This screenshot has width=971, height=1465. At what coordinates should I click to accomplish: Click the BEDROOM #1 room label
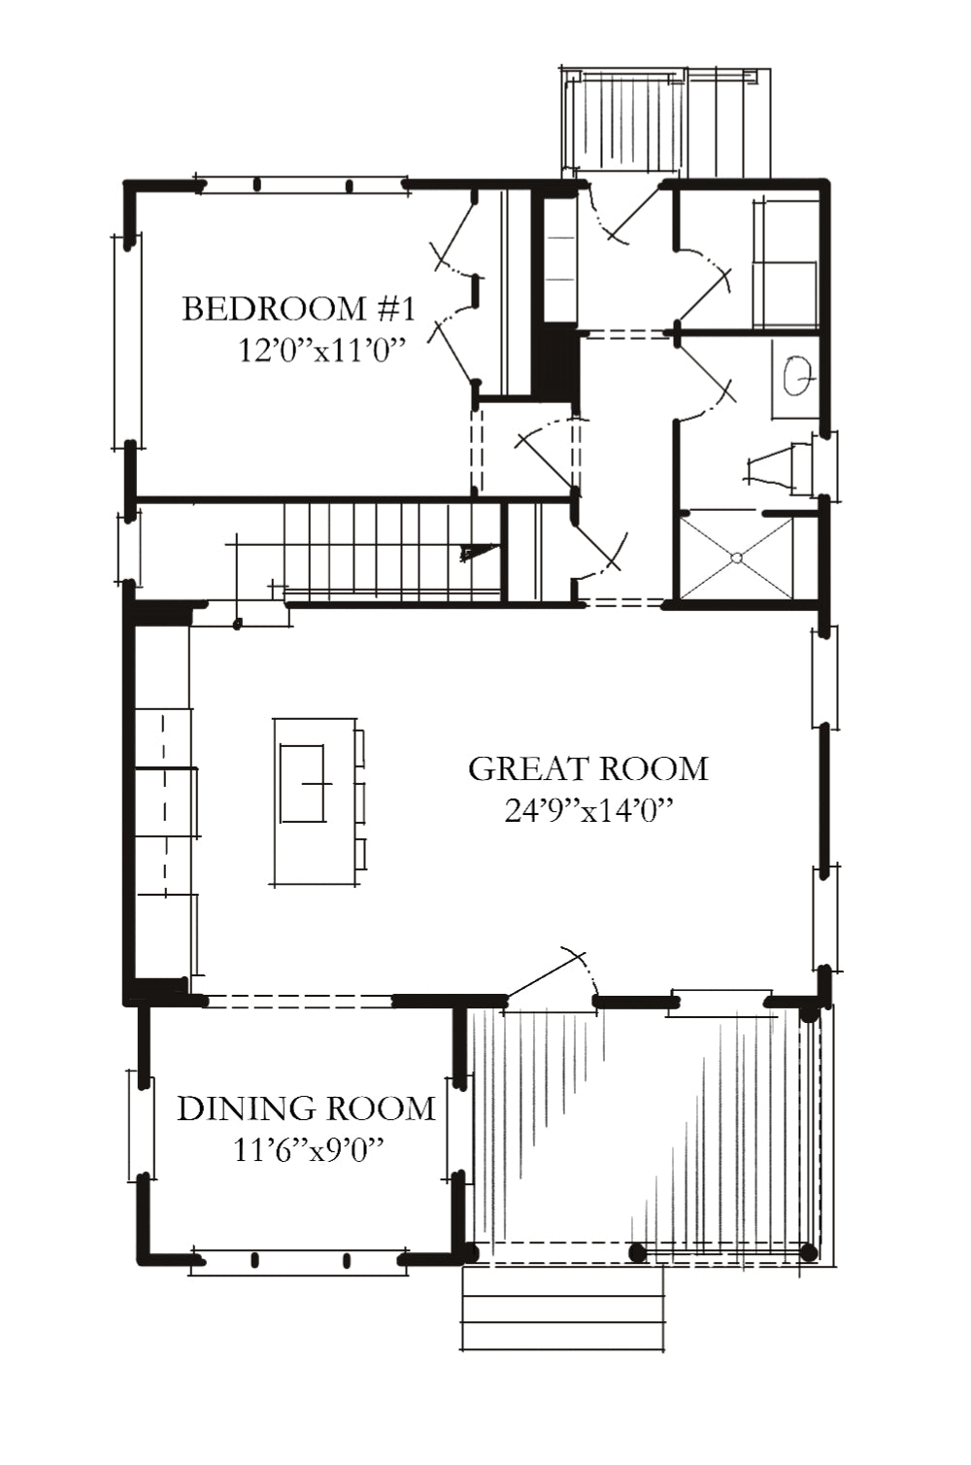click(x=298, y=309)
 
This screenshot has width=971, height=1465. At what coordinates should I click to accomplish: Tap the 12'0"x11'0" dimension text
click(x=318, y=352)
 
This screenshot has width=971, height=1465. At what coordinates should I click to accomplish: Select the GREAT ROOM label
click(x=587, y=769)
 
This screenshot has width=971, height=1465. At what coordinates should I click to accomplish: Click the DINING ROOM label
click(x=306, y=1108)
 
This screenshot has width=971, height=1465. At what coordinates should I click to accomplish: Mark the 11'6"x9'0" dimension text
click(x=307, y=1150)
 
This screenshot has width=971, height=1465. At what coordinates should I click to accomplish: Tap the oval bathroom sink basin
click(x=798, y=377)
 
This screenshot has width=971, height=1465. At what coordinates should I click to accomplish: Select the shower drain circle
click(x=736, y=558)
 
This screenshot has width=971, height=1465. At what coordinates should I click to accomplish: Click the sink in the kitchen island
click(x=303, y=783)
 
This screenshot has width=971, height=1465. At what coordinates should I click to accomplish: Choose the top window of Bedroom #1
click(x=301, y=185)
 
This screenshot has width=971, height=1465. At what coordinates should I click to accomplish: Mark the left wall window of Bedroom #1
click(x=127, y=341)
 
